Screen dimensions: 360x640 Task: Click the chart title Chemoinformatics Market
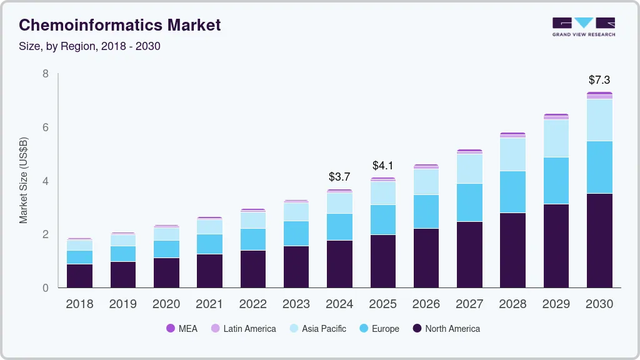(x=119, y=25)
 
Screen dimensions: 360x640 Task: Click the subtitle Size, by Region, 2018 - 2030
(x=89, y=46)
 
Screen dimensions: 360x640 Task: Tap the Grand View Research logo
(x=583, y=26)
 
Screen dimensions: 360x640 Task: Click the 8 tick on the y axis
(x=46, y=74)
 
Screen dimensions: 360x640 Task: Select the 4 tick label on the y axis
(x=46, y=181)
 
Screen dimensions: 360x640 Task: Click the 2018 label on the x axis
(x=79, y=304)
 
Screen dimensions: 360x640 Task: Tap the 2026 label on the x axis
(x=426, y=304)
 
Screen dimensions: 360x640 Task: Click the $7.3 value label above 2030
(x=599, y=80)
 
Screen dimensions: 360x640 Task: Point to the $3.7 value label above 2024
(x=339, y=177)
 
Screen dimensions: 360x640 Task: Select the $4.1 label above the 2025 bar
(x=382, y=166)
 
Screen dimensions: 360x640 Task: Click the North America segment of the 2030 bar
(x=599, y=241)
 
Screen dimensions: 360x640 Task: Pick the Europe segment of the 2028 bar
(x=512, y=192)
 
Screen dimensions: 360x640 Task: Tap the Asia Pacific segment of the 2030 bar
(x=599, y=120)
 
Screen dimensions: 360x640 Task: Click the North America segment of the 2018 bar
(x=79, y=276)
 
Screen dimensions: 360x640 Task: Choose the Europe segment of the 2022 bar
(x=252, y=239)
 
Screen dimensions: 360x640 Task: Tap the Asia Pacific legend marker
(x=294, y=329)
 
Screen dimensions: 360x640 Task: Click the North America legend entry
(x=446, y=329)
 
